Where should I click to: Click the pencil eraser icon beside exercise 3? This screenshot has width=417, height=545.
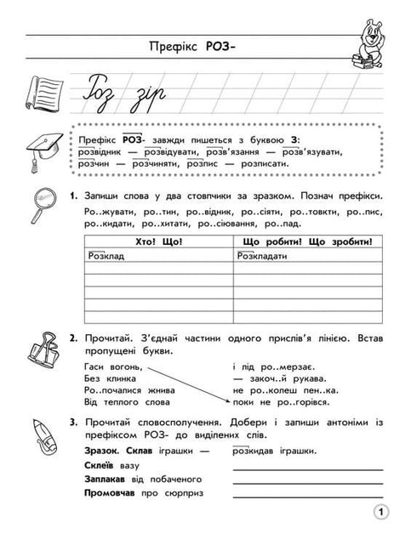[x=43, y=433]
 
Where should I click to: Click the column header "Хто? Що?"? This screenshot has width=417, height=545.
[x=157, y=243]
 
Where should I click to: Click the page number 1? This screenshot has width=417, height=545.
[x=380, y=512]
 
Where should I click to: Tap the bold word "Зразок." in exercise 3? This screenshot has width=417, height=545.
[x=104, y=451]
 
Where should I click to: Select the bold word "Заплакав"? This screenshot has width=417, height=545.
[x=107, y=480]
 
